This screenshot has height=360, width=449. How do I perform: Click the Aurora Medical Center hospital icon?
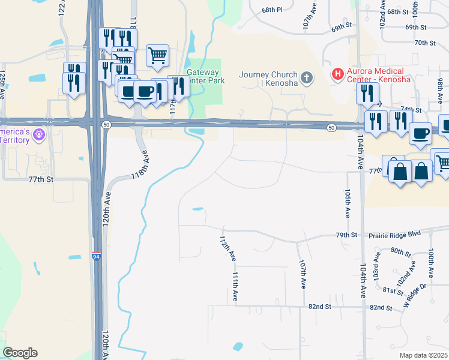click(338, 74)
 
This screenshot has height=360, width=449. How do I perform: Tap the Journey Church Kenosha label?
click(268, 79)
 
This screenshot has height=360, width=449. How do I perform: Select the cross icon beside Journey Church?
click(306, 77)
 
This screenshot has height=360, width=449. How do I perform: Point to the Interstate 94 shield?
click(96, 256)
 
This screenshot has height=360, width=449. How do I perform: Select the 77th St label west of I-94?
click(41, 179)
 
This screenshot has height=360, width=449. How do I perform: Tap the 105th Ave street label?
click(348, 203)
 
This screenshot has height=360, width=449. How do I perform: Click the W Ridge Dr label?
click(415, 293)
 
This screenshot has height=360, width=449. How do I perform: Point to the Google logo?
click(20, 353)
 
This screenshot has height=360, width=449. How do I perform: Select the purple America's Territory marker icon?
click(39, 134)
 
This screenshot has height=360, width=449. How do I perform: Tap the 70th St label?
click(424, 43)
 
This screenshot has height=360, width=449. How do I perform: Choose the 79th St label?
click(346, 235)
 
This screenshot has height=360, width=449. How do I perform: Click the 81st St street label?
click(393, 291)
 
